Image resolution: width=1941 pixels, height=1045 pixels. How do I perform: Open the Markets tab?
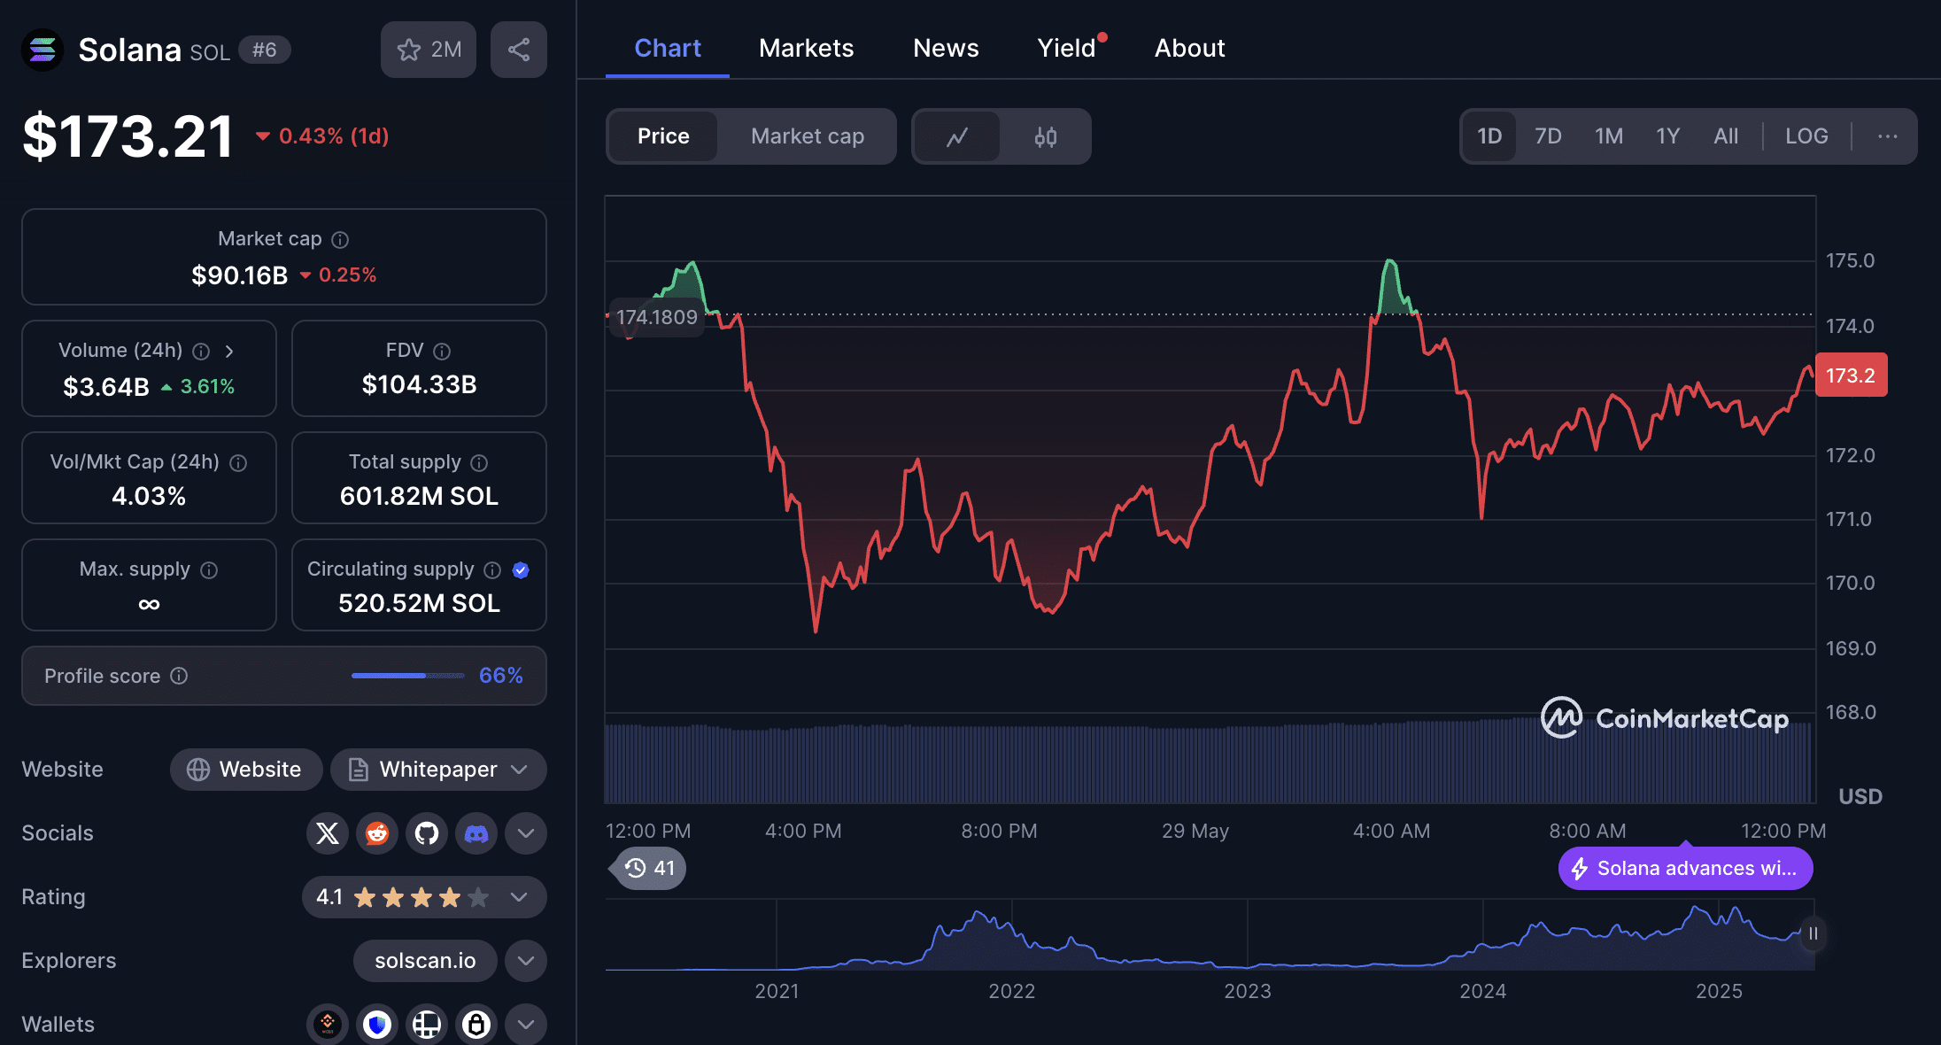coord(806,48)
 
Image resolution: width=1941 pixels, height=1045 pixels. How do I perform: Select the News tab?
coord(946,48)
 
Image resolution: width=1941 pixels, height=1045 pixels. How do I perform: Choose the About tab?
coord(1189,48)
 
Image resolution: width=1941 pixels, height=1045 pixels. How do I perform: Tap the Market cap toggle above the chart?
coord(808,136)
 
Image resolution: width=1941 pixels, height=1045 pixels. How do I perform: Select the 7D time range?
coord(1548,136)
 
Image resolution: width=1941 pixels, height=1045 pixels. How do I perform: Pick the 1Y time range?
coord(1667,136)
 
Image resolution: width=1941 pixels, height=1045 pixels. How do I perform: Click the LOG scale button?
coord(1806,136)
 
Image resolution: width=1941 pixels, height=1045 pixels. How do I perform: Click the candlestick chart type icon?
coord(1046,136)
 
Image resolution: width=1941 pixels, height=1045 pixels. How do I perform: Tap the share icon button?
coord(519,50)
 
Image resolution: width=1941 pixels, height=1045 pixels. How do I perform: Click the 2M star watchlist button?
coord(429,50)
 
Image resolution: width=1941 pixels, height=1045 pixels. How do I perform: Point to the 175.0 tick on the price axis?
coord(1850,260)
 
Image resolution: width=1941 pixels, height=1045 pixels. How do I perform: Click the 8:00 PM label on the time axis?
coord(999,831)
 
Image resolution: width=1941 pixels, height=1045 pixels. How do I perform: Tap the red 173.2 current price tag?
coord(1851,375)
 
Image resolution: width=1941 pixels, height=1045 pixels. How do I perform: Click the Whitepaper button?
coord(438,770)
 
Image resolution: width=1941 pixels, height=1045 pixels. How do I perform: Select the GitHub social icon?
coord(427,833)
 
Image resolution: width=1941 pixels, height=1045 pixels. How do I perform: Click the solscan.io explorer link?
coord(425,961)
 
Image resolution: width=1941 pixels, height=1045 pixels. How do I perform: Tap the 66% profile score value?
coord(500,676)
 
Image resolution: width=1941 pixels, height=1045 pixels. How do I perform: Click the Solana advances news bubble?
coord(1686,868)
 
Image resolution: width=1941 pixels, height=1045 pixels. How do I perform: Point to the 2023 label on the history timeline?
coord(1247,991)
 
